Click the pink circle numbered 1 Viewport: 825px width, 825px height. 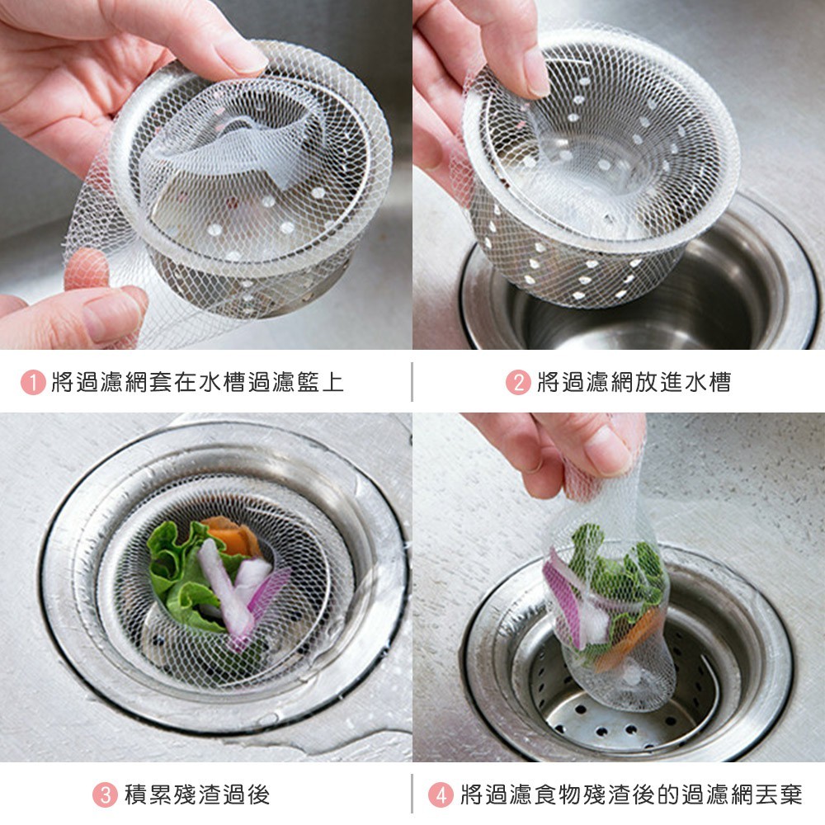[x=33, y=382]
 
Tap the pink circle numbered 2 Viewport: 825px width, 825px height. [x=518, y=382]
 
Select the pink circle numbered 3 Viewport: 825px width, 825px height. [x=105, y=794]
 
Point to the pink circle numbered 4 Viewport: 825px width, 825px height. [x=441, y=794]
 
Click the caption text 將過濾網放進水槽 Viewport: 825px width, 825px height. [x=634, y=382]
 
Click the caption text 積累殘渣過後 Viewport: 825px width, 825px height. [x=197, y=794]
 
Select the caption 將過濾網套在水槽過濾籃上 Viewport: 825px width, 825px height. [x=197, y=382]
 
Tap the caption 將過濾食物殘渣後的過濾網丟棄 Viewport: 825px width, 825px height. [x=631, y=794]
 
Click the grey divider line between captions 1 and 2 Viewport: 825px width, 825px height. [x=412, y=381]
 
